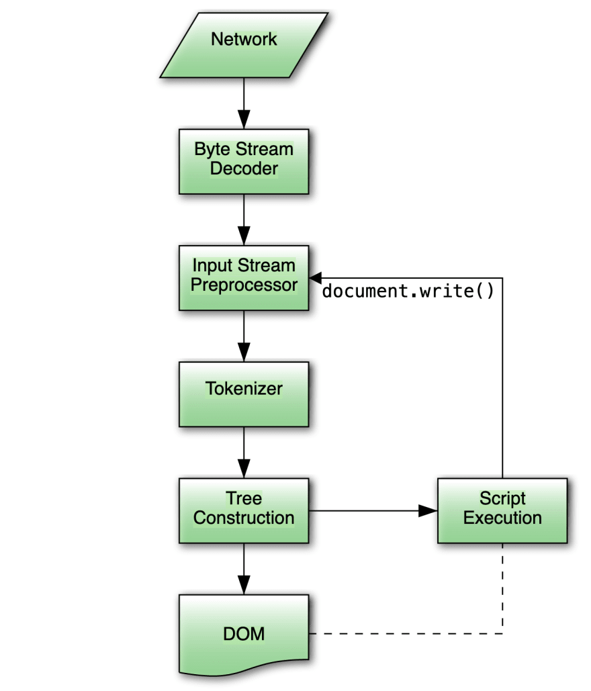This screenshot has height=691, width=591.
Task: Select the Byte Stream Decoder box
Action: click(244, 161)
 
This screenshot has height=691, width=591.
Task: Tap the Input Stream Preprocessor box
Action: click(244, 277)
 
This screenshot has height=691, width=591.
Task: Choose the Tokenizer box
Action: click(244, 394)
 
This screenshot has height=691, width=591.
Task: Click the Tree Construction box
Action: click(244, 510)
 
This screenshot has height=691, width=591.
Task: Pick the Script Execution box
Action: click(502, 510)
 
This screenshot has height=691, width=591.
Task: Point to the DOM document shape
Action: click(244, 633)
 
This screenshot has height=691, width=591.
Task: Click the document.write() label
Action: click(408, 292)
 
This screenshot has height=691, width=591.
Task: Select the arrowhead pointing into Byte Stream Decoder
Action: click(244, 121)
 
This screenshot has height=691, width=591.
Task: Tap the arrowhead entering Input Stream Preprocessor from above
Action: click(244, 237)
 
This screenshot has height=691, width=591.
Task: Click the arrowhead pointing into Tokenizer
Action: click(244, 353)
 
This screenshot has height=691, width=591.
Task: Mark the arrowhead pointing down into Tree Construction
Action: click(244, 470)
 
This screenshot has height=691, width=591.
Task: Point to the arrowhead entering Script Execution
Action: click(428, 511)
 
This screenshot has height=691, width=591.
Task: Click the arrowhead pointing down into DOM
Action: click(244, 586)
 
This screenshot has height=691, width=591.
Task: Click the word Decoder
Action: click(244, 169)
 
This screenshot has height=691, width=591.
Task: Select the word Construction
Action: click(244, 518)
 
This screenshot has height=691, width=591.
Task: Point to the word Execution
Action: click(502, 518)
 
